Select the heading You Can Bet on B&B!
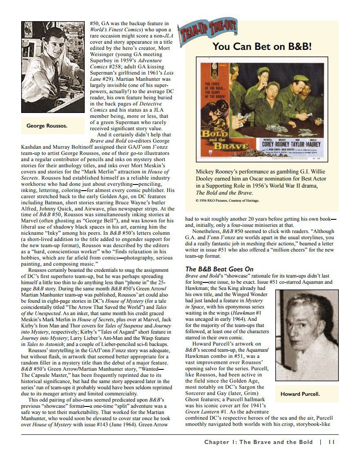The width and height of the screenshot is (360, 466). (262, 47)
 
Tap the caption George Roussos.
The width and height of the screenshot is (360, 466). (47, 126)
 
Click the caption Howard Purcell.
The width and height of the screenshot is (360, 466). (300, 394)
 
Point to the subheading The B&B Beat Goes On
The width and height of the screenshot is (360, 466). (219, 269)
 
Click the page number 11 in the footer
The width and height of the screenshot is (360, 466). (332, 442)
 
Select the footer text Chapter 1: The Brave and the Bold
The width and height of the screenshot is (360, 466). (258, 442)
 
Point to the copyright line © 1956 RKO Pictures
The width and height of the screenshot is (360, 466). (227, 200)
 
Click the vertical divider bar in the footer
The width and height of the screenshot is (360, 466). (320, 442)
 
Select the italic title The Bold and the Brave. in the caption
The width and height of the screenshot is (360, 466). (225, 192)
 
